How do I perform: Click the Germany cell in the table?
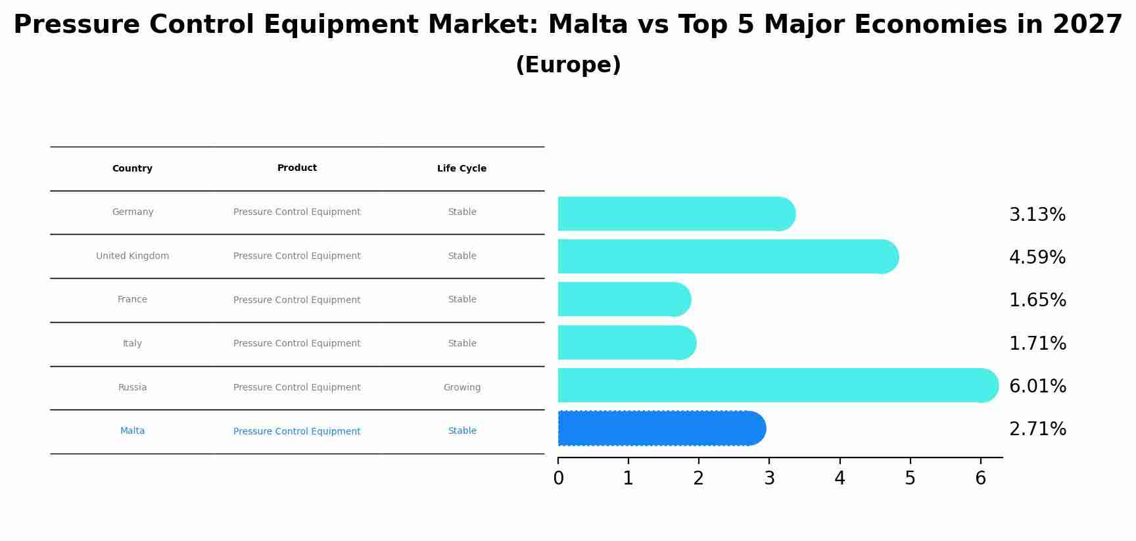[x=132, y=212]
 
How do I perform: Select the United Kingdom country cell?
[x=132, y=256]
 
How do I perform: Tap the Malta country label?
[x=132, y=431]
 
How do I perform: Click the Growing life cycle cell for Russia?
[x=461, y=387]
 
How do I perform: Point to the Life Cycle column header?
[x=461, y=168]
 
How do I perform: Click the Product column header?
[x=296, y=168]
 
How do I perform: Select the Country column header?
[x=132, y=168]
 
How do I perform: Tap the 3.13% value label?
[x=1037, y=214]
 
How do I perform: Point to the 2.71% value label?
[x=1037, y=429]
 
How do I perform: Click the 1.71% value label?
[x=1037, y=343]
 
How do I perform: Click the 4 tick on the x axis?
[x=840, y=478]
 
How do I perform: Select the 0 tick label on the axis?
[x=558, y=478]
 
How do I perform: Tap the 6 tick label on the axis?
[x=980, y=478]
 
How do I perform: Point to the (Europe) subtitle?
[x=568, y=65]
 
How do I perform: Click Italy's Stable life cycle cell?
[x=461, y=343]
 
